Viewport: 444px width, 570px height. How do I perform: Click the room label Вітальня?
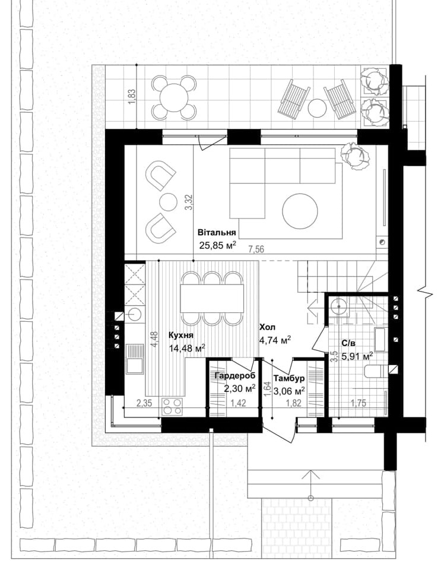coord(217,233)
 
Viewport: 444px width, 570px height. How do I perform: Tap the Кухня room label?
coord(179,335)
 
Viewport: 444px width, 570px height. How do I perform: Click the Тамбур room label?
coord(290,378)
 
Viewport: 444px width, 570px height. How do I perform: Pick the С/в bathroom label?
coord(349,343)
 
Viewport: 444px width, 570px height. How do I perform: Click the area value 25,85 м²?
coord(218,244)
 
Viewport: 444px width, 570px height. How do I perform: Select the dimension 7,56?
coord(256,249)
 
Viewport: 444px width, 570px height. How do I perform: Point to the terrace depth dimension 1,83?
coord(132,96)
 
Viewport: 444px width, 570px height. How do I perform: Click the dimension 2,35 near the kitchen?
coord(145,404)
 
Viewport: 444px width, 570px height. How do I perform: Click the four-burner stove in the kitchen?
coord(172,406)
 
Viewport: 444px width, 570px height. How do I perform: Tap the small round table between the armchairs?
coord(168,201)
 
